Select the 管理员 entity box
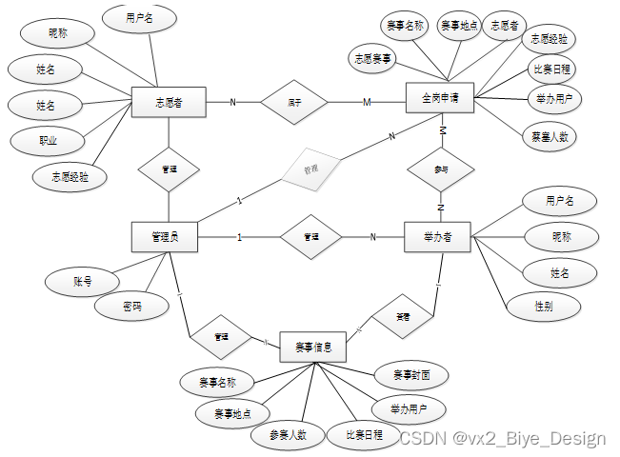click(x=164, y=237)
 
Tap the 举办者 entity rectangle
click(x=438, y=237)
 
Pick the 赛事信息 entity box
click(x=312, y=347)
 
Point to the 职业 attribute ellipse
click(x=48, y=140)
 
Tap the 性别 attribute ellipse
click(x=544, y=306)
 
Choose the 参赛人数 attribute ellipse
click(x=287, y=435)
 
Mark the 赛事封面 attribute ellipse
click(x=409, y=374)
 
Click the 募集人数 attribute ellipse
click(x=550, y=136)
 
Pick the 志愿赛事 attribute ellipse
click(x=373, y=56)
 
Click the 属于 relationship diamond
click(x=294, y=101)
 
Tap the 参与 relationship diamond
click(x=440, y=169)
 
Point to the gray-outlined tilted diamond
click(x=310, y=168)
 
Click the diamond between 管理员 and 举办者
click(x=310, y=237)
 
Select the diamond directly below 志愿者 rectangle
click(x=169, y=169)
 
